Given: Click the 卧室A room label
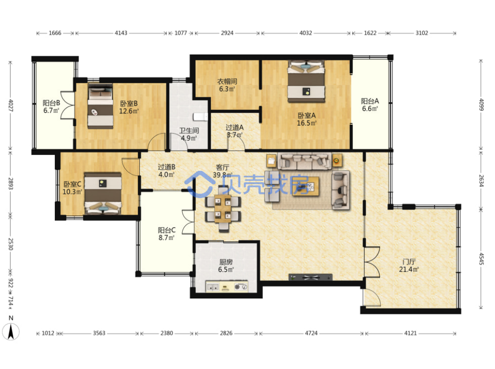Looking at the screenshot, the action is (x=307, y=116).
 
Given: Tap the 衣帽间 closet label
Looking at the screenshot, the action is (x=227, y=81).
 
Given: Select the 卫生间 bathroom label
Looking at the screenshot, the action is (x=189, y=131).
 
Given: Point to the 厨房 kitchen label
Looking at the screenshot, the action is (x=226, y=262).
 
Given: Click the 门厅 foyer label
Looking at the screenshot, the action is (x=409, y=262).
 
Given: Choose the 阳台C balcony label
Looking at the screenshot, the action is (x=167, y=230).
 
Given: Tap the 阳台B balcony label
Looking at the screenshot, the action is (x=51, y=103).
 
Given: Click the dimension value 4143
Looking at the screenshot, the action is (x=121, y=33).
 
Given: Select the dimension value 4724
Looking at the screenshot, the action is (x=311, y=333).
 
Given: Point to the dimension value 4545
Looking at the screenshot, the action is (x=481, y=258).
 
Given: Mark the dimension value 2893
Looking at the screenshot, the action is (x=11, y=184).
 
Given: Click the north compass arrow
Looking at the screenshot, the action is (x=11, y=332).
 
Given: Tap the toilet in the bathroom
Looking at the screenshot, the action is (x=200, y=117).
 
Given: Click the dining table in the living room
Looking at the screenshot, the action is (x=223, y=209).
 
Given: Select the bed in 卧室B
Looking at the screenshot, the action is (x=100, y=106).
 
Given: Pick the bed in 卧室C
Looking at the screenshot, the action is (x=103, y=193).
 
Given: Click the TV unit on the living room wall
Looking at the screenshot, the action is (x=310, y=277).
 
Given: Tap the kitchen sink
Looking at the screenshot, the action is (x=213, y=287).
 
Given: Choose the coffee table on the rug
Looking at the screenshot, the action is (x=306, y=186).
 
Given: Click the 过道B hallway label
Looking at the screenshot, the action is (x=167, y=167).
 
